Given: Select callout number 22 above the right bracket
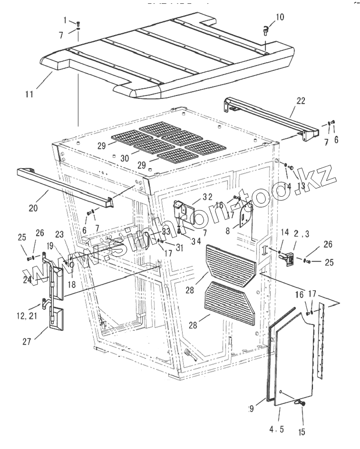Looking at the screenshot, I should tap(301, 101).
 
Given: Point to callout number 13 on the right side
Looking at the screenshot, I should tap(301, 187).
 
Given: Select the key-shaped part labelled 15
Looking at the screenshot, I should tap(301, 403).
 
